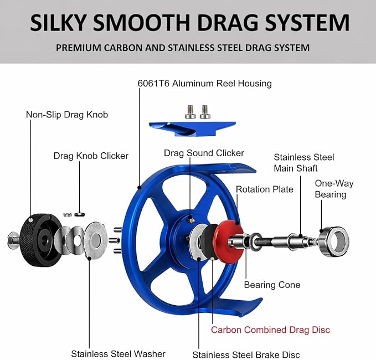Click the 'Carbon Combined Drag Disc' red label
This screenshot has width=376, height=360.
tap(270, 330)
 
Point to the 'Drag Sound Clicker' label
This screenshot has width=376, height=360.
tap(204, 153)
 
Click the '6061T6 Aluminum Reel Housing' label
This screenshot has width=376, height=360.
tap(204, 84)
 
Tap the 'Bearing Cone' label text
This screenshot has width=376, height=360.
tap(272, 285)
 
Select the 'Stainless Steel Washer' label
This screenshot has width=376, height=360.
tap(118, 354)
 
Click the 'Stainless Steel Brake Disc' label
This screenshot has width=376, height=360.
tap(246, 354)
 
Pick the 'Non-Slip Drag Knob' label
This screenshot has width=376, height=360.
tap(67, 115)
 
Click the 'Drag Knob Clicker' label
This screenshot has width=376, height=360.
tap(91, 156)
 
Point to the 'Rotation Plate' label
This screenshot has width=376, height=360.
tap(265, 189)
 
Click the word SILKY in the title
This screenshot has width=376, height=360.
tap(58, 22)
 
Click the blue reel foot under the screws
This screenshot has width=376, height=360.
tap(192, 129)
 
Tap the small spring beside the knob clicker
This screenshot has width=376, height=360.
tap(68, 215)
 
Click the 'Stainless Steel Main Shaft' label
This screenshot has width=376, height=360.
tap(304, 163)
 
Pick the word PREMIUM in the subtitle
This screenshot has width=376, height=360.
tap(79, 48)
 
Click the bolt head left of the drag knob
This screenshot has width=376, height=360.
tap(12, 240)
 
